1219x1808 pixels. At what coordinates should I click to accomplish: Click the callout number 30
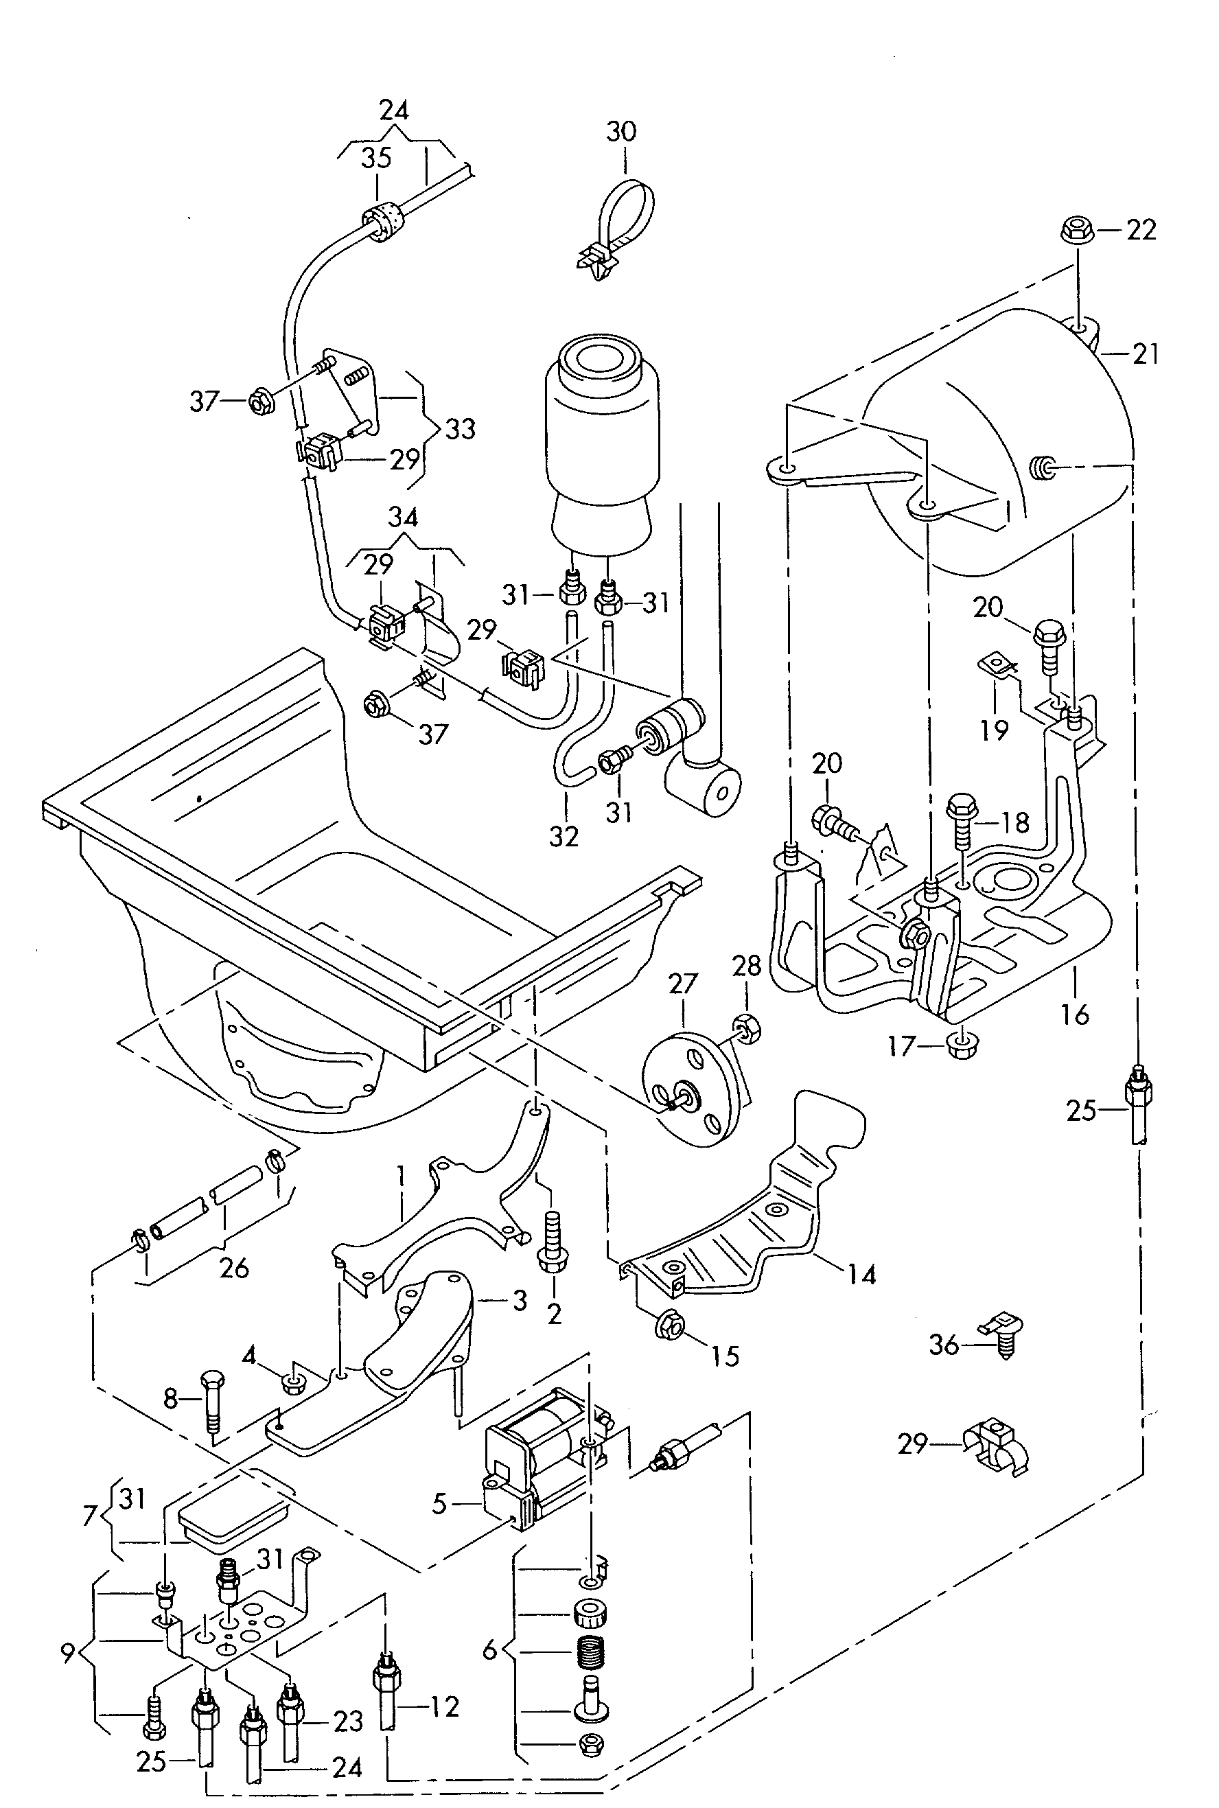[620, 132]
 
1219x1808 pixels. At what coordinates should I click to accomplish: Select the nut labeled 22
[1074, 229]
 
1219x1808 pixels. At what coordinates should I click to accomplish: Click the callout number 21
[1145, 354]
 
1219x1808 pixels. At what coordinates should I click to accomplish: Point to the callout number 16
[1075, 1014]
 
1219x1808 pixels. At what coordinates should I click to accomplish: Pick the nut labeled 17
[962, 1046]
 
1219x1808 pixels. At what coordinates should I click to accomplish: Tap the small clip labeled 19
[992, 665]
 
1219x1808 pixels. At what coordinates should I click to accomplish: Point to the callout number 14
[862, 1274]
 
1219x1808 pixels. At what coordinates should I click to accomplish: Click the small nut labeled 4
[292, 1382]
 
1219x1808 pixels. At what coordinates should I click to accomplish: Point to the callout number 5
[439, 1504]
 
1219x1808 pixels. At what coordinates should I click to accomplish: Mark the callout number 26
[234, 1268]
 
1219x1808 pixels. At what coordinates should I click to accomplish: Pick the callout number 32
[564, 835]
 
